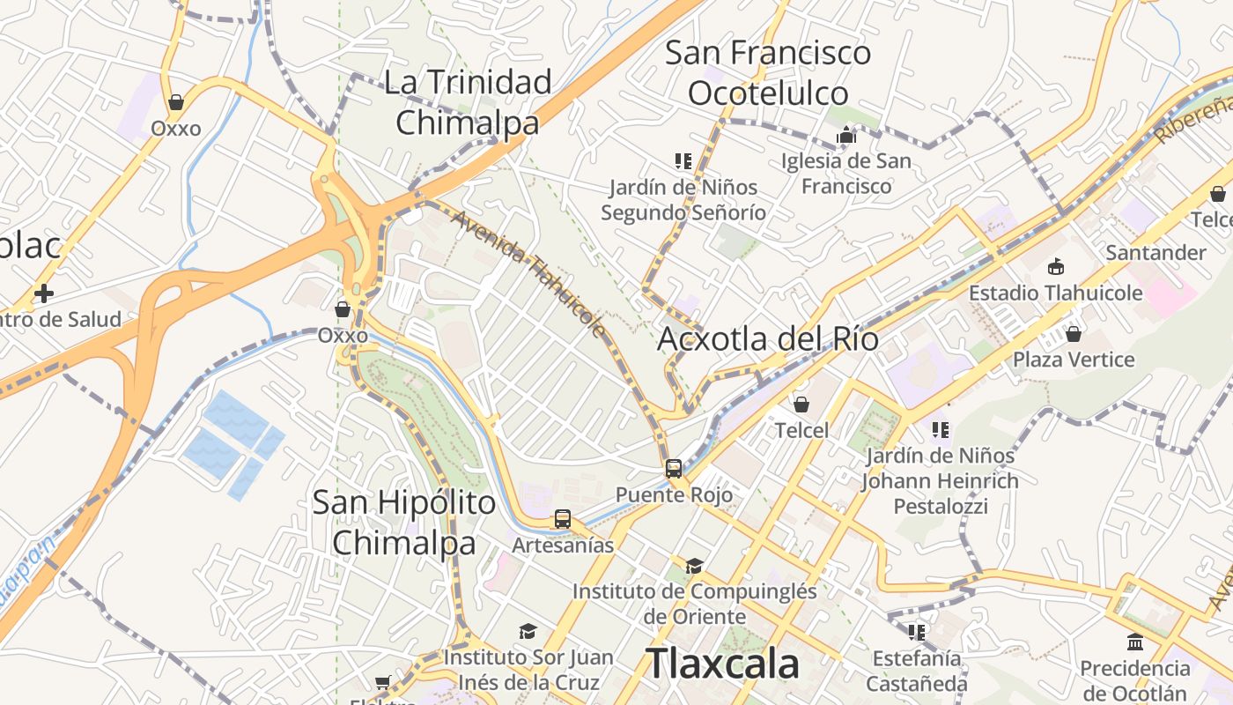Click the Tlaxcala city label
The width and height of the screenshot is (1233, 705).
click(722, 663)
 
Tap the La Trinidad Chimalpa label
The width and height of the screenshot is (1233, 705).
click(468, 102)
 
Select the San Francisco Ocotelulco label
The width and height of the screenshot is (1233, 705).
click(768, 72)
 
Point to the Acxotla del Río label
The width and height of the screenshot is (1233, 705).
click(768, 338)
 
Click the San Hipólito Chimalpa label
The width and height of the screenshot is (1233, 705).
click(404, 523)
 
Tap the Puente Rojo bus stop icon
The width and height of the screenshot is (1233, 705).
click(674, 469)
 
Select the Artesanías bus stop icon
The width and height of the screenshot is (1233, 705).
click(563, 520)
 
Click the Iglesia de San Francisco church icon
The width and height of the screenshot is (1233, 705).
click(846, 135)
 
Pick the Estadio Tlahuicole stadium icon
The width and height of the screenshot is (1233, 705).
click(1055, 267)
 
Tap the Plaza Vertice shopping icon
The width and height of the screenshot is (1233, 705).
click(1073, 334)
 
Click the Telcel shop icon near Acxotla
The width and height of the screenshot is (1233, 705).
click(801, 404)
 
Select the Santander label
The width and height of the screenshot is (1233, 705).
click(1155, 253)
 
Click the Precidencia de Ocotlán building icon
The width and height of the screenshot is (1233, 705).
click(1135, 642)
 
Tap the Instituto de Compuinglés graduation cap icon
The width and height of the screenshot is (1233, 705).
click(695, 565)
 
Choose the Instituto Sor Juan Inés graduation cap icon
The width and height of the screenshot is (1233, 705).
click(528, 631)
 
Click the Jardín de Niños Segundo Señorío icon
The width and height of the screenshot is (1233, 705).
click(683, 161)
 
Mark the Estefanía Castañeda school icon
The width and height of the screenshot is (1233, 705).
click(917, 632)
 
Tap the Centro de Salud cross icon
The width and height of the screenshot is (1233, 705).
click(43, 293)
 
